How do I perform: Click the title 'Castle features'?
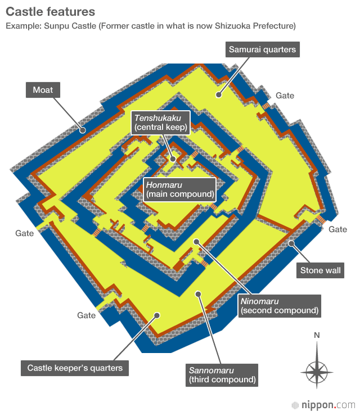click(x=51, y=12)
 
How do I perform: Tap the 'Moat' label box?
click(x=43, y=90)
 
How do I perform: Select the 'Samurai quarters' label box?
click(x=262, y=49)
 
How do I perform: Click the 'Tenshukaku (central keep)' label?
click(x=161, y=123)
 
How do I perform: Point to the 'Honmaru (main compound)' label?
click(x=180, y=189)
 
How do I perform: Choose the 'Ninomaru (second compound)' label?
click(x=280, y=306)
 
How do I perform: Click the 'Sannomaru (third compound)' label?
click(x=222, y=375)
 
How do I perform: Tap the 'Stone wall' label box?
click(x=320, y=270)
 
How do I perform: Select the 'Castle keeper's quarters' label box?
click(x=75, y=368)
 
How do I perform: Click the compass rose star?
click(x=317, y=372)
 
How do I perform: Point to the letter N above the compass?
click(x=317, y=336)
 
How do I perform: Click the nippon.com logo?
click(x=323, y=405)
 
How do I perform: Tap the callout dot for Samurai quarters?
click(x=218, y=94)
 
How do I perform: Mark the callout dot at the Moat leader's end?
click(x=83, y=130)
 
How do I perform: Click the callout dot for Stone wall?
click(x=291, y=243)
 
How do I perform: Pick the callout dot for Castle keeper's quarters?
click(x=157, y=315)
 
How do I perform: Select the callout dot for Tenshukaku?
click(x=173, y=159)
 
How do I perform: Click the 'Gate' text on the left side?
click(x=24, y=233)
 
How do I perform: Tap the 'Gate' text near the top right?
click(x=285, y=96)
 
